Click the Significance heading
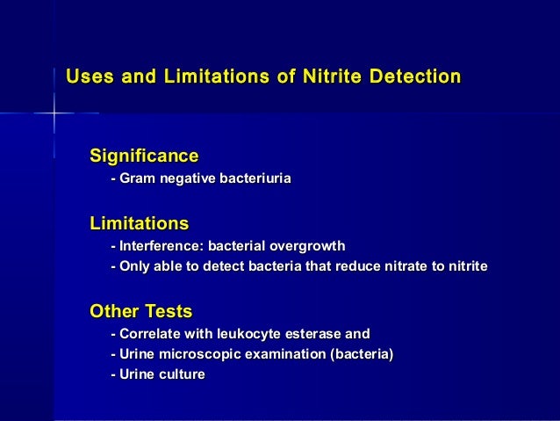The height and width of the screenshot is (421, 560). [144, 156]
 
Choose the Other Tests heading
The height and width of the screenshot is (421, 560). [141, 311]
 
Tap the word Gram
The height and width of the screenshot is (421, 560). [136, 179]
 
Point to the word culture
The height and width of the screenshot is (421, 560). [182, 375]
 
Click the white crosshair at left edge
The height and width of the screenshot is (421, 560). [54, 114]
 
